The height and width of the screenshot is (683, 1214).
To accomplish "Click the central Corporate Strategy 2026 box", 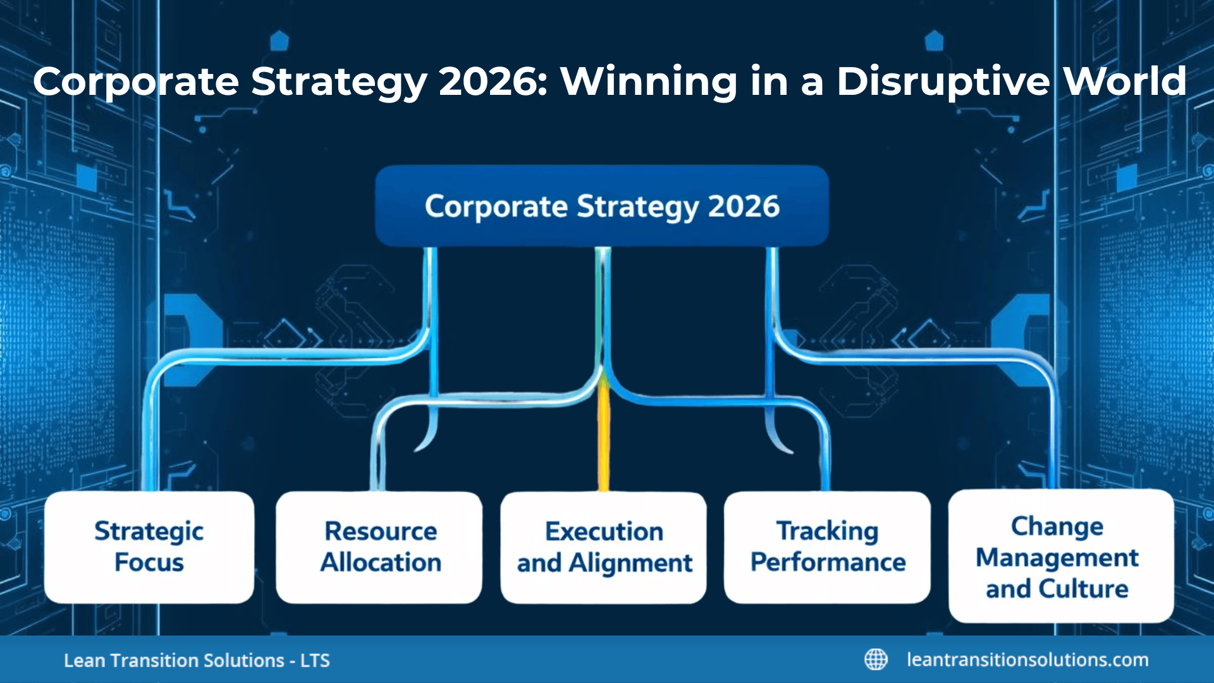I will (x=601, y=206).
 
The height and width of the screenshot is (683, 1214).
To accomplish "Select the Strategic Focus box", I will (x=149, y=547).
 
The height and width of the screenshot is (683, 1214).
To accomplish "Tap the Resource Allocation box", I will (x=379, y=547).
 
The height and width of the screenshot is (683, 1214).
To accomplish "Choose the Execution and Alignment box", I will (x=604, y=548).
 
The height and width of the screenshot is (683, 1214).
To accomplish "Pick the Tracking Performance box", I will (x=827, y=547).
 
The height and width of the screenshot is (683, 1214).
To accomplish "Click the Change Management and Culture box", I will (x=1060, y=557).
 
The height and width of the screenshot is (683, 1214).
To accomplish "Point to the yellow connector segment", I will (x=604, y=436).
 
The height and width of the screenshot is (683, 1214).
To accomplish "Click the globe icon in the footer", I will (x=876, y=660).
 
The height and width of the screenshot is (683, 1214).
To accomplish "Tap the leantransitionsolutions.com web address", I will (x=1027, y=660).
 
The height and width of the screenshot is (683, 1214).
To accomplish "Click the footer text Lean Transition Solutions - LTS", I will (x=197, y=660).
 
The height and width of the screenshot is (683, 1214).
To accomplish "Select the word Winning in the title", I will (x=649, y=82).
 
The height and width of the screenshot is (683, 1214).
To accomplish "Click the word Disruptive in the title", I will (x=943, y=82).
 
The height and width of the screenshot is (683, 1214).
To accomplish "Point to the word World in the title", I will (x=1124, y=82).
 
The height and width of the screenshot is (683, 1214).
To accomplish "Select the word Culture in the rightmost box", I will (x=1083, y=589).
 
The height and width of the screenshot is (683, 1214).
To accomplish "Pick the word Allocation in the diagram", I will (x=381, y=563).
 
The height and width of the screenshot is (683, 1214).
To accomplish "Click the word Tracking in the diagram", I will (x=827, y=531).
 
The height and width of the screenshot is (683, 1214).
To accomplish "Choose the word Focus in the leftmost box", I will (x=149, y=563).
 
